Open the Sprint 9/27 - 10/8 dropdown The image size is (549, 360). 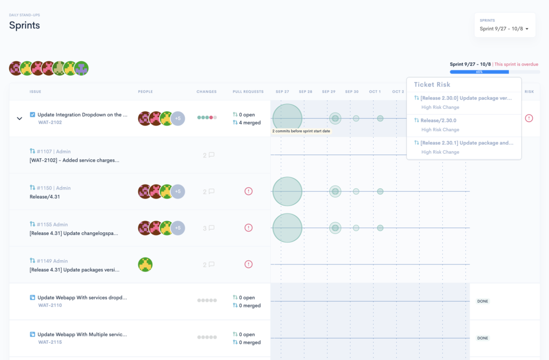pos(504,29)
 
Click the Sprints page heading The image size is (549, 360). pos(24,25)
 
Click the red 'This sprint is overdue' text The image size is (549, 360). pos(516,64)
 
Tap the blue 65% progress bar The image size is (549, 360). pos(479,72)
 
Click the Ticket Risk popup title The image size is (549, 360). pos(432,85)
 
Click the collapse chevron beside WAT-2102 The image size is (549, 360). pos(20,119)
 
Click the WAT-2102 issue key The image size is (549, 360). pos(50,122)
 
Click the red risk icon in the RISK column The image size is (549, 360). pos(529,118)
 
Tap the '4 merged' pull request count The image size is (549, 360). pos(247,123)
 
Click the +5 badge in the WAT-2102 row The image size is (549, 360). pos(177,119)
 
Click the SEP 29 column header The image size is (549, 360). pos(329,92)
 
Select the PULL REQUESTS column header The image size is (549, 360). pos(248,92)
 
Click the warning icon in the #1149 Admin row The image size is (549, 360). pos(248,264)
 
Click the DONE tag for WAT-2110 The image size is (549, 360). pos(483,302)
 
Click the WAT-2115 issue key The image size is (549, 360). pos(50,342)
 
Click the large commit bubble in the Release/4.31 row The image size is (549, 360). pos(287,192)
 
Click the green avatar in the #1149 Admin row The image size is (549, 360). pos(145,265)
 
